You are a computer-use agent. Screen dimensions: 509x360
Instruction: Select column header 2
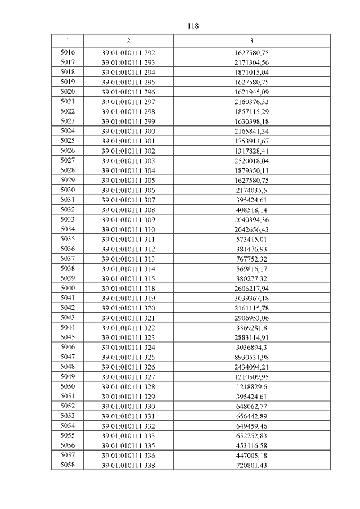click(128, 41)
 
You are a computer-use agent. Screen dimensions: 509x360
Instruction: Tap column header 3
click(251, 41)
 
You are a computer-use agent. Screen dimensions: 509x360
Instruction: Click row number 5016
click(67, 53)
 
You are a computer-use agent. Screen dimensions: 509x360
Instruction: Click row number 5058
click(67, 465)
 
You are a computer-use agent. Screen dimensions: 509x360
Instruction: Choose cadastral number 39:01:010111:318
click(128, 288)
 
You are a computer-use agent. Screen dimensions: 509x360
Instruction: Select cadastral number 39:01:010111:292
click(128, 53)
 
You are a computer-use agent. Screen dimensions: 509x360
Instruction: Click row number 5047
click(67, 357)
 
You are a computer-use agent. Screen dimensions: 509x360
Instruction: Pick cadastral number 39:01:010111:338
click(128, 465)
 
